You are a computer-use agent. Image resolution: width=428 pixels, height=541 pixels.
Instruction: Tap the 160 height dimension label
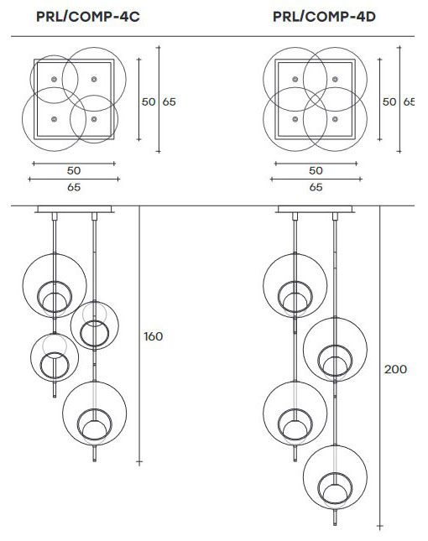click(x=153, y=336)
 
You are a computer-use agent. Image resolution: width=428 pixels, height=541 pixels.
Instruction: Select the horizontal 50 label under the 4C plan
click(x=74, y=170)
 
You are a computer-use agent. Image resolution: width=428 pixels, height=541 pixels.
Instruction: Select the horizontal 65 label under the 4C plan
click(x=74, y=187)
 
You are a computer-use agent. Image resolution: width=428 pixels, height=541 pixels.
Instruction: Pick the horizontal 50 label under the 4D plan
click(x=316, y=170)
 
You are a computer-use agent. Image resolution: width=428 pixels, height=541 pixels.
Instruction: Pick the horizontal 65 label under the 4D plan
click(x=316, y=187)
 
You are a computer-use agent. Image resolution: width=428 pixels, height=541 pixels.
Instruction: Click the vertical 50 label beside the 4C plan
click(x=149, y=101)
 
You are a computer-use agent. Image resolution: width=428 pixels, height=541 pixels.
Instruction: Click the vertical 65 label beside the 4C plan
click(x=169, y=101)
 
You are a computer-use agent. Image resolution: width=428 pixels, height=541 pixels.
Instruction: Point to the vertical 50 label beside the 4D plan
click(x=389, y=101)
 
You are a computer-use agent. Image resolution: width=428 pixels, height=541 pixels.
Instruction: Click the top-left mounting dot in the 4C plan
click(x=55, y=79)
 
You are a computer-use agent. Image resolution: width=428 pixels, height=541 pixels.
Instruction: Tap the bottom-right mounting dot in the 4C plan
click(x=94, y=119)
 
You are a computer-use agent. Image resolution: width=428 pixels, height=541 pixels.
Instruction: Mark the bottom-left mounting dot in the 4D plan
click(x=295, y=119)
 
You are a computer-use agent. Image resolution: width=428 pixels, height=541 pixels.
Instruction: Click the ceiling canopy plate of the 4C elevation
click(x=74, y=209)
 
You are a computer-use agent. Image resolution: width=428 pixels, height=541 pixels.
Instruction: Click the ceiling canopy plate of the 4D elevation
click(x=316, y=209)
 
